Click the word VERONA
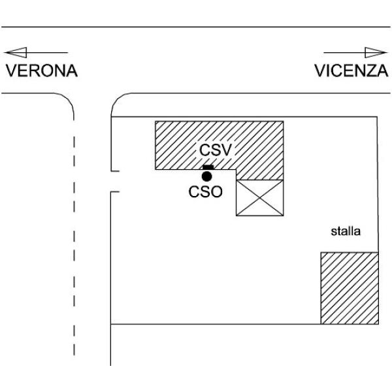(42, 71)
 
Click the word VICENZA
(351, 71)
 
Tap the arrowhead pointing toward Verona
(16, 52)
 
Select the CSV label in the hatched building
(216, 150)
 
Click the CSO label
(206, 192)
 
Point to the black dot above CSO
(206, 176)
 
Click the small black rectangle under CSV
(208, 167)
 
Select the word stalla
(346, 231)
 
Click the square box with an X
(260, 198)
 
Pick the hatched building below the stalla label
(350, 288)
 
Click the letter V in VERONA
(11, 71)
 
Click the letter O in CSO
(216, 192)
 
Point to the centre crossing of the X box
(260, 198)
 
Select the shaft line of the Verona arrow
(47, 52)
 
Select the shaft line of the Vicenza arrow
(344, 52)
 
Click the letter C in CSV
(204, 150)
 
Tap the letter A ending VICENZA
(382, 71)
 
